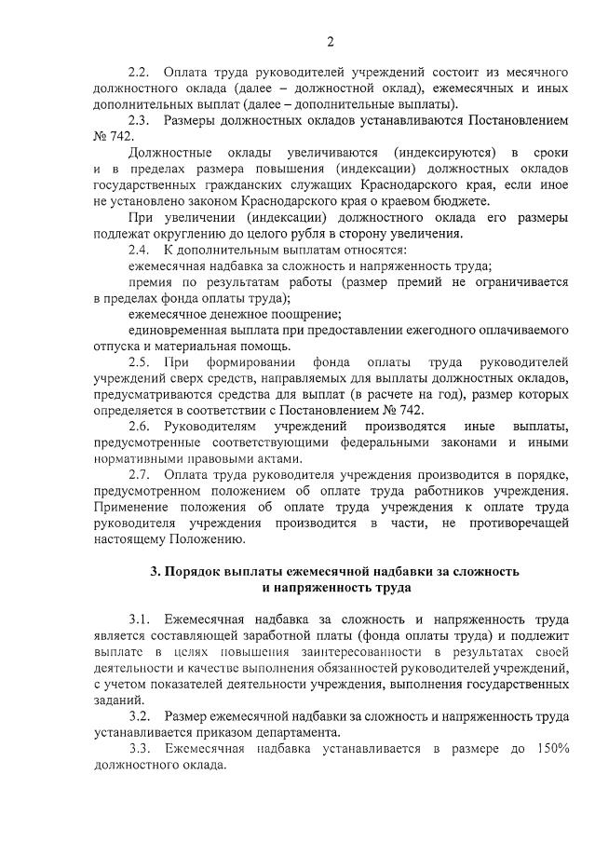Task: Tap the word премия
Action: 152,281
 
